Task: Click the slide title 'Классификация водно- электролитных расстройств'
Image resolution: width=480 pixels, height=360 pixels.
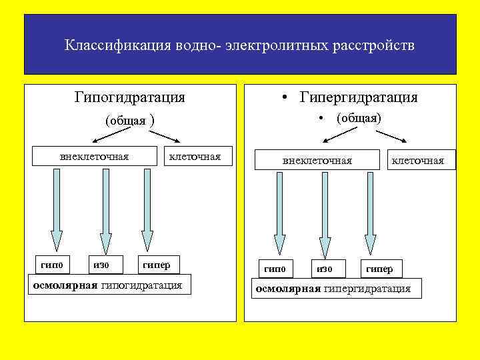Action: [x=239, y=46]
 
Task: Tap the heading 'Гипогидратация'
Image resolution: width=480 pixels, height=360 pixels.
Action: [x=130, y=97]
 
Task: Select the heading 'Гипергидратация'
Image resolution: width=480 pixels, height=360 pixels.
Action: [x=359, y=98]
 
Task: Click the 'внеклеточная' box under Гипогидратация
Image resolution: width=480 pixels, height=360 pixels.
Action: [x=94, y=157]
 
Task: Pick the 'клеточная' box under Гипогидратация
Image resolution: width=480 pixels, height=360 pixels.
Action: [x=195, y=157]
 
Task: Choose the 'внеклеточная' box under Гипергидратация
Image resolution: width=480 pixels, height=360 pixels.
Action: [x=317, y=161]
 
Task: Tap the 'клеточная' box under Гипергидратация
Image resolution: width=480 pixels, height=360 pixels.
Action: [x=418, y=161]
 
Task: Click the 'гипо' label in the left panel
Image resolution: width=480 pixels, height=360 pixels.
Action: [x=52, y=265]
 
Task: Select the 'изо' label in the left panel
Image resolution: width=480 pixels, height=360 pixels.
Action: [x=101, y=265]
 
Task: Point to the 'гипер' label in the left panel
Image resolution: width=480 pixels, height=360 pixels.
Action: [x=156, y=265]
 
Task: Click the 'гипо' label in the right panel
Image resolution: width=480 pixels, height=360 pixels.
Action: [x=275, y=269]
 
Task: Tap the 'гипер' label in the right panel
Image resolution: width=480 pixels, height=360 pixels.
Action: [x=379, y=269]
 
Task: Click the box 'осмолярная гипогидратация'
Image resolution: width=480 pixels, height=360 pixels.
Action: [x=107, y=285]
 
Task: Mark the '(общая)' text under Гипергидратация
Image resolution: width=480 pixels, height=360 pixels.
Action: [x=359, y=119]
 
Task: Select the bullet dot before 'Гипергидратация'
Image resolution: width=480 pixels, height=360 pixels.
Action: [x=285, y=99]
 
